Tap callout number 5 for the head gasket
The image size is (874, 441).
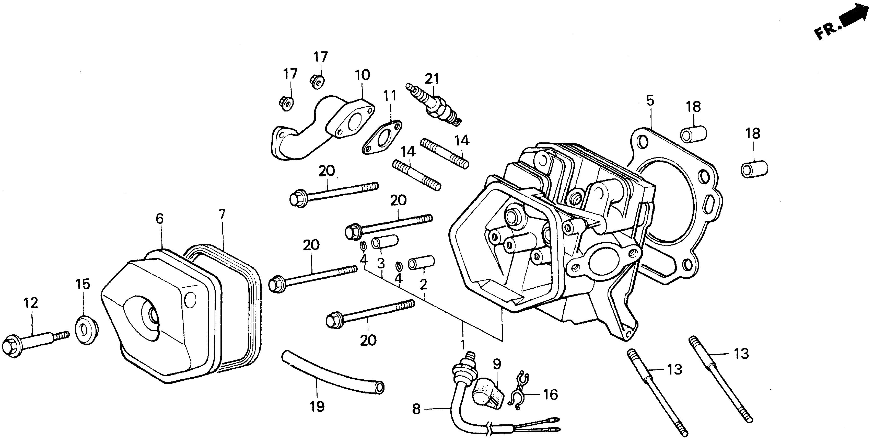[650, 101]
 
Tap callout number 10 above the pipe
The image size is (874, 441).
[363, 75]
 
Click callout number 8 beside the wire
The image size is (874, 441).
[416, 409]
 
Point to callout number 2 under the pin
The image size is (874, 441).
[423, 285]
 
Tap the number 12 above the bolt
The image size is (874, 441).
[31, 303]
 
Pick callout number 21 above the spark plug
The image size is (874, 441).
[432, 79]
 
